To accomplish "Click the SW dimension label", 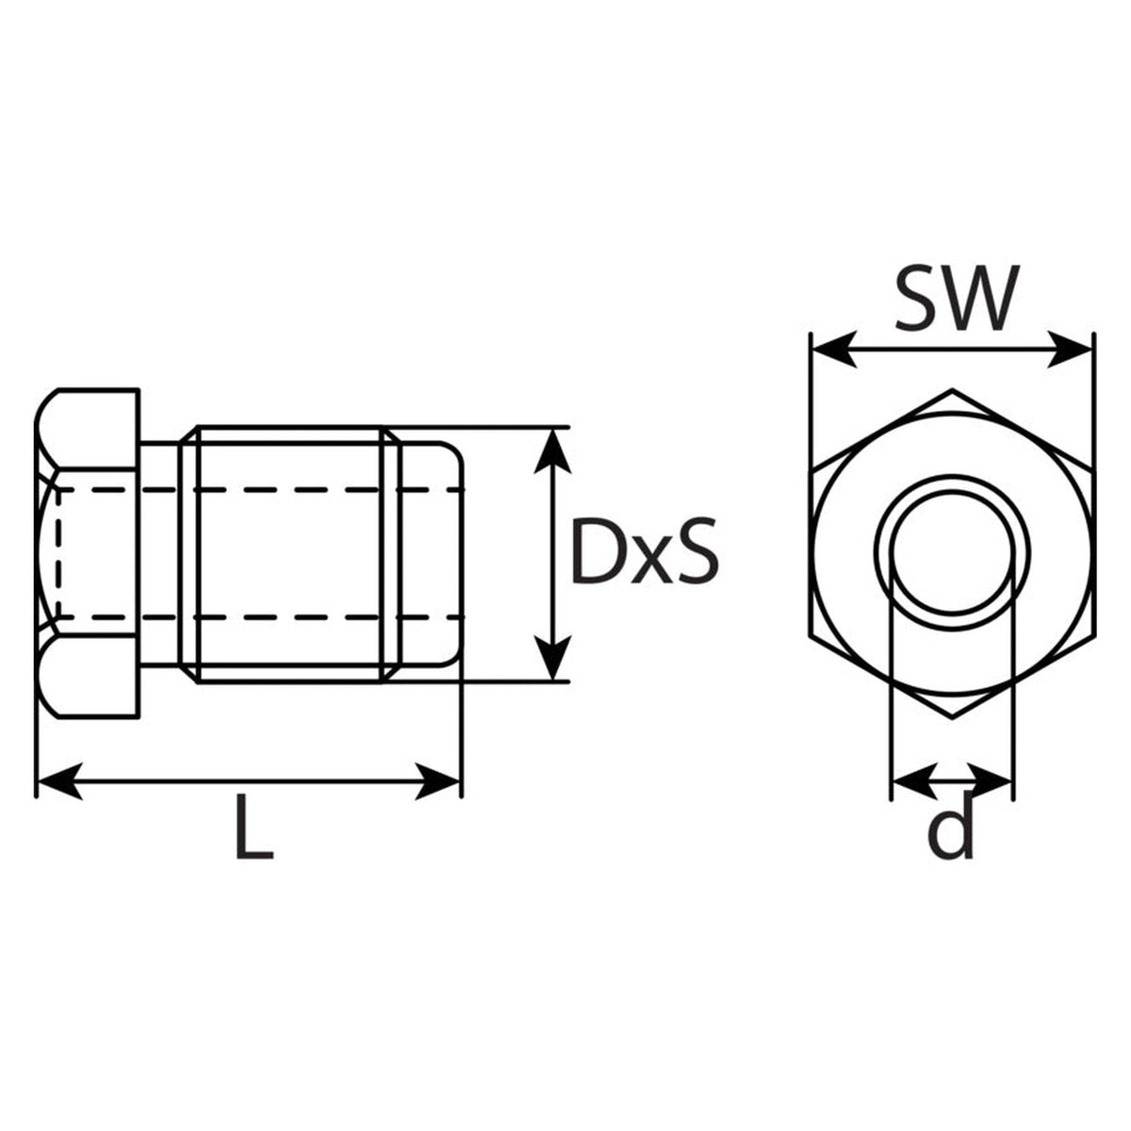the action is [956, 298].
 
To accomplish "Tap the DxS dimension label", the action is [645, 549].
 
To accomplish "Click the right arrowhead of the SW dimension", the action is [1070, 350].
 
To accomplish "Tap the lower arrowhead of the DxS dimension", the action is [553, 658].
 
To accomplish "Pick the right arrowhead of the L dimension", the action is [437, 781].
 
